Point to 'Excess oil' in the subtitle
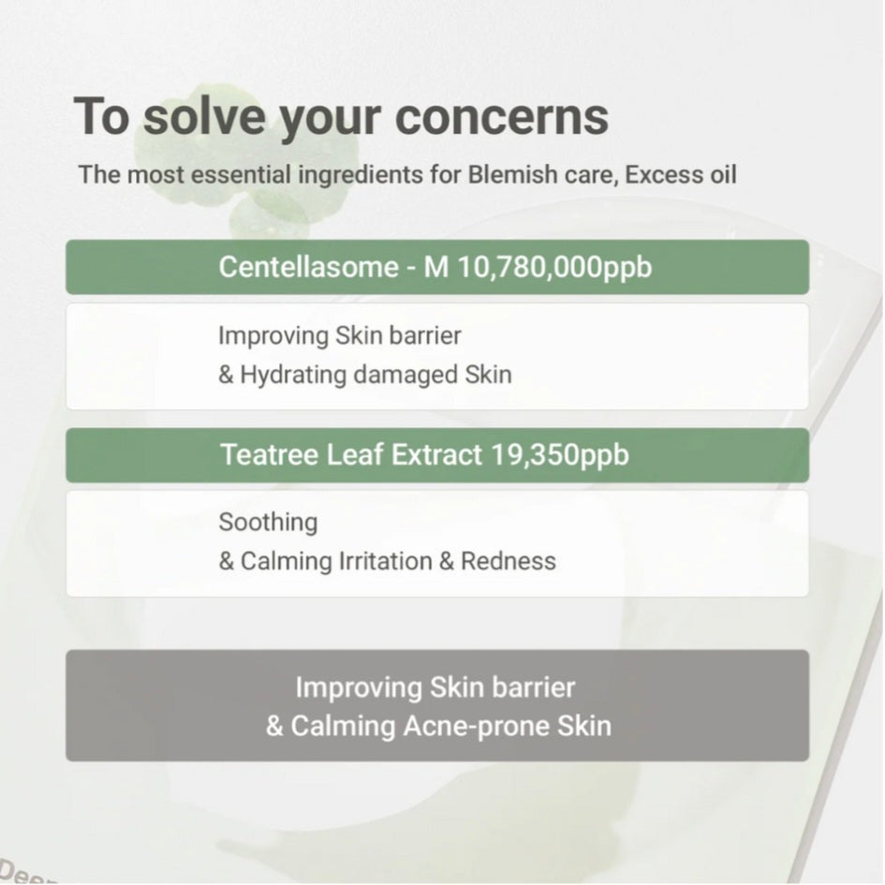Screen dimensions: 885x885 (681, 174)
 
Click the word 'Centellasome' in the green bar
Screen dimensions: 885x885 (308, 267)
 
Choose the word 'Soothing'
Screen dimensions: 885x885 (268, 522)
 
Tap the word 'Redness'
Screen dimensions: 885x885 (509, 561)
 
